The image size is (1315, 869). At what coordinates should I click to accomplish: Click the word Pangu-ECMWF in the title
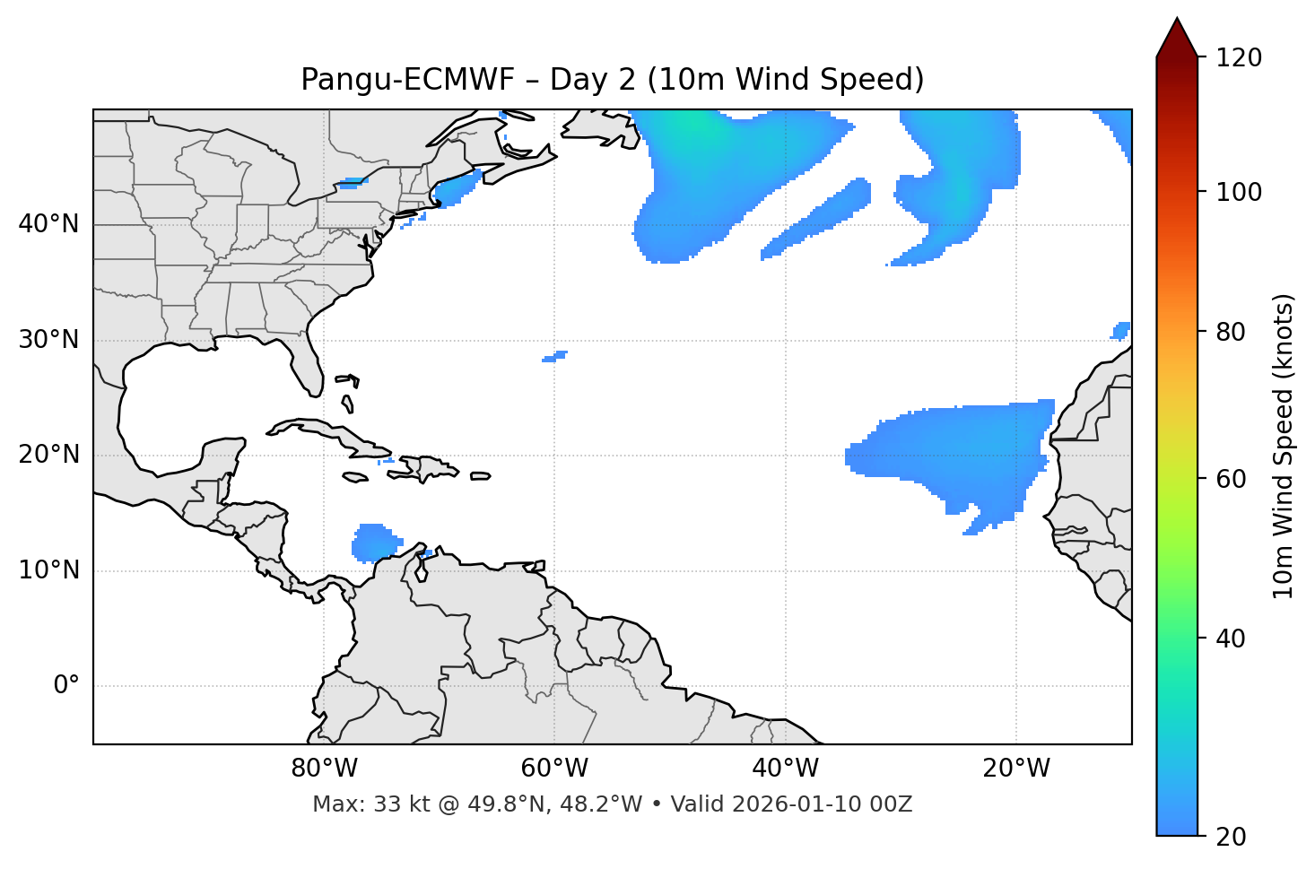pyautogui.click(x=407, y=80)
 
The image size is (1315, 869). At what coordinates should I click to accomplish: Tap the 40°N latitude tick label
pyautogui.click(x=48, y=224)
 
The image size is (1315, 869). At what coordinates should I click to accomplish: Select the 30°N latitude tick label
pyautogui.click(x=48, y=340)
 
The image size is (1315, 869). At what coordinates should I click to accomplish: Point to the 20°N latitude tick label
pyautogui.click(x=48, y=455)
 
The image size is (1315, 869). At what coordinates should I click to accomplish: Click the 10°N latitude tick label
pyautogui.click(x=48, y=570)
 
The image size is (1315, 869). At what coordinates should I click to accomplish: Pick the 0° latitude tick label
pyautogui.click(x=66, y=686)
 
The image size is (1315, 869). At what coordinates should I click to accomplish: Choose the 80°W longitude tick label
pyautogui.click(x=324, y=769)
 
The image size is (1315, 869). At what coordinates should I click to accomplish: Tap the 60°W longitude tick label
pyautogui.click(x=554, y=769)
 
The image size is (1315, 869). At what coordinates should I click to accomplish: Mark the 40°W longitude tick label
pyautogui.click(x=785, y=769)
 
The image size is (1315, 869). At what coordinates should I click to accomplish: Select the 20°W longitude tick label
pyautogui.click(x=1015, y=769)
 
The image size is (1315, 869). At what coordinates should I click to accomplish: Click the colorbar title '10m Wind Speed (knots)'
pyautogui.click(x=1284, y=446)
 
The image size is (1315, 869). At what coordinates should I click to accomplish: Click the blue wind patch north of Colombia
pyautogui.click(x=374, y=543)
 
